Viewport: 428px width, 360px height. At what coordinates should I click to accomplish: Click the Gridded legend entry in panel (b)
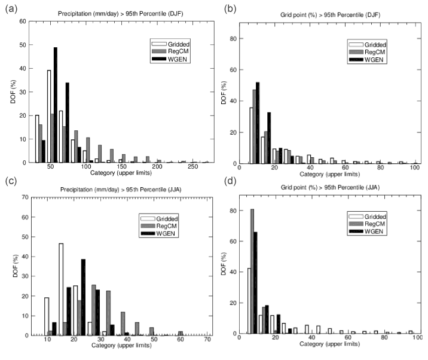click(368, 44)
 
